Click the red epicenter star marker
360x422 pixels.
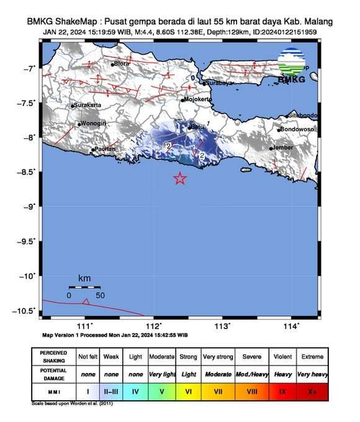179,179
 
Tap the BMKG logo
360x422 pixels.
292,66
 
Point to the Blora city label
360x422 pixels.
122,63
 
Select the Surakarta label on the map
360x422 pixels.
88,105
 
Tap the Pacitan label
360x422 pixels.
105,149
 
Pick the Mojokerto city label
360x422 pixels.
199,99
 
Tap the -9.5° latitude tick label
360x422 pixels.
28,241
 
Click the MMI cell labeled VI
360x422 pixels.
189,392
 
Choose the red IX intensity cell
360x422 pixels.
282,392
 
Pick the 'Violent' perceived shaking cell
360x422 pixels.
282,357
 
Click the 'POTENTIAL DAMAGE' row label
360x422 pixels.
53,375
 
